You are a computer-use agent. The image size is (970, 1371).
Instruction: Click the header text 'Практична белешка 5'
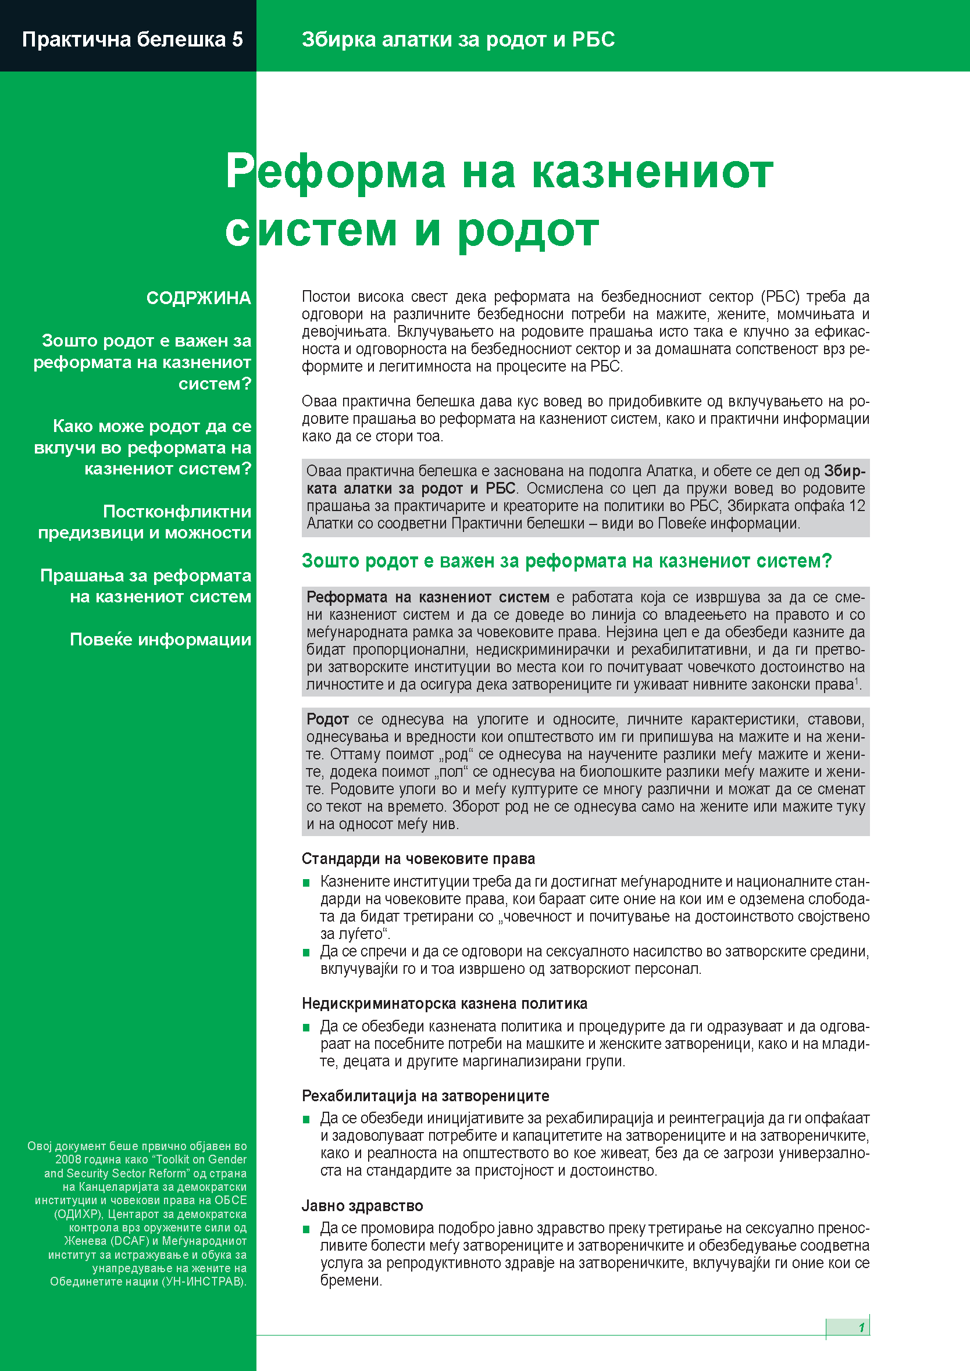coord(132,40)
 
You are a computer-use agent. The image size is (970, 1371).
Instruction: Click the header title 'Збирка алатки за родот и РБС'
coord(458,40)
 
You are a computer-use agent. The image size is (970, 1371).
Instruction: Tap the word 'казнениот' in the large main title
coord(652,173)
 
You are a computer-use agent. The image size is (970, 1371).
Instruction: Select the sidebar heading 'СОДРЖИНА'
coord(198,298)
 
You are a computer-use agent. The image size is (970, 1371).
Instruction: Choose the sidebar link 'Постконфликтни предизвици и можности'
coord(145,522)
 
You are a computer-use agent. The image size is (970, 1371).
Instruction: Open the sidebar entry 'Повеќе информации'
coord(160,640)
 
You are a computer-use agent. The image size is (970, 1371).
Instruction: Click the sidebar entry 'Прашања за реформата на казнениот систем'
coord(146,585)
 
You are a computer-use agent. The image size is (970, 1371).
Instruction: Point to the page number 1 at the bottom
coord(861,1327)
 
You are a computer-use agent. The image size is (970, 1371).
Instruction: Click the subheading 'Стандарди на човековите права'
coord(418,859)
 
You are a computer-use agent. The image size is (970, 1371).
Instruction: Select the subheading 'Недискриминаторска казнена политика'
coord(444,1003)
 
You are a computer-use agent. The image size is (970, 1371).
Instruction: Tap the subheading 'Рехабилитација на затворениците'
coord(425,1096)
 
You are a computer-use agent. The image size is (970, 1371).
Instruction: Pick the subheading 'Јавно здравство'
coord(362,1206)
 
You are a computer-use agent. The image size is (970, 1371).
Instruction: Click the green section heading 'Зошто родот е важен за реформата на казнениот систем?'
coord(566,560)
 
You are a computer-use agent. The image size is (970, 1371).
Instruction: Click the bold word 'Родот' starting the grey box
coord(327,719)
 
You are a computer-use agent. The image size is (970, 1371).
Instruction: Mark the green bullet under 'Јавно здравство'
coord(306,1229)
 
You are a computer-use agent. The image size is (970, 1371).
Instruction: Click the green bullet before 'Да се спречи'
coord(306,952)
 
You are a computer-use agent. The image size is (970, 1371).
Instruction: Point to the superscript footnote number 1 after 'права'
coord(856,681)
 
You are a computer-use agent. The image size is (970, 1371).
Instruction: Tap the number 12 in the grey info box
coord(857,506)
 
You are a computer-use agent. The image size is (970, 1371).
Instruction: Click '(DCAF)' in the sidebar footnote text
coord(130,1241)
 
